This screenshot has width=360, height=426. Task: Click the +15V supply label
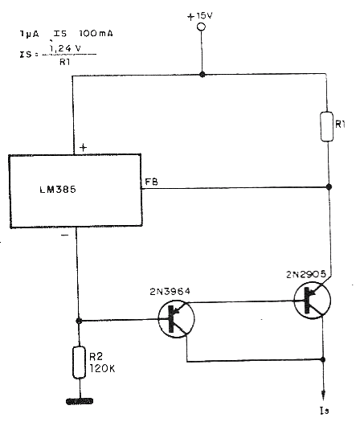click(200, 16)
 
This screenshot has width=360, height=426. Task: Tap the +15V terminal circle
click(201, 27)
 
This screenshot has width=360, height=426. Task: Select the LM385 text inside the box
click(58, 190)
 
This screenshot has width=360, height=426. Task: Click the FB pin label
click(152, 182)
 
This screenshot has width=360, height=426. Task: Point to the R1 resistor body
click(327, 126)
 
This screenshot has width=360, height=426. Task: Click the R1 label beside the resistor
click(341, 125)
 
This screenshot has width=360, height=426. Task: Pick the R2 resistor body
click(79, 363)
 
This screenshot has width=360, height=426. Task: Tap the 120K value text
click(102, 369)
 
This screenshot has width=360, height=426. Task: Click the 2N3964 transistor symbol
click(176, 318)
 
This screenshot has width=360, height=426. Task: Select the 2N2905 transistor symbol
click(313, 301)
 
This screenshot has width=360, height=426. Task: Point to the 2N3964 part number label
click(170, 292)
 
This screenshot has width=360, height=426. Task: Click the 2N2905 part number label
click(306, 274)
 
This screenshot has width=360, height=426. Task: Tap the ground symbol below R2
click(80, 401)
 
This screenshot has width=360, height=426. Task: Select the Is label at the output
click(325, 410)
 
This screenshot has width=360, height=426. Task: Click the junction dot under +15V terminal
click(202, 74)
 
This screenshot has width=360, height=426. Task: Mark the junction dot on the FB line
click(329, 186)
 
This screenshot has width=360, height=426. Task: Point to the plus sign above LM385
click(83, 147)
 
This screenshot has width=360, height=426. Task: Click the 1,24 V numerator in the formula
click(65, 48)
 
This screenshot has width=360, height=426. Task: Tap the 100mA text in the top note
click(96, 34)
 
